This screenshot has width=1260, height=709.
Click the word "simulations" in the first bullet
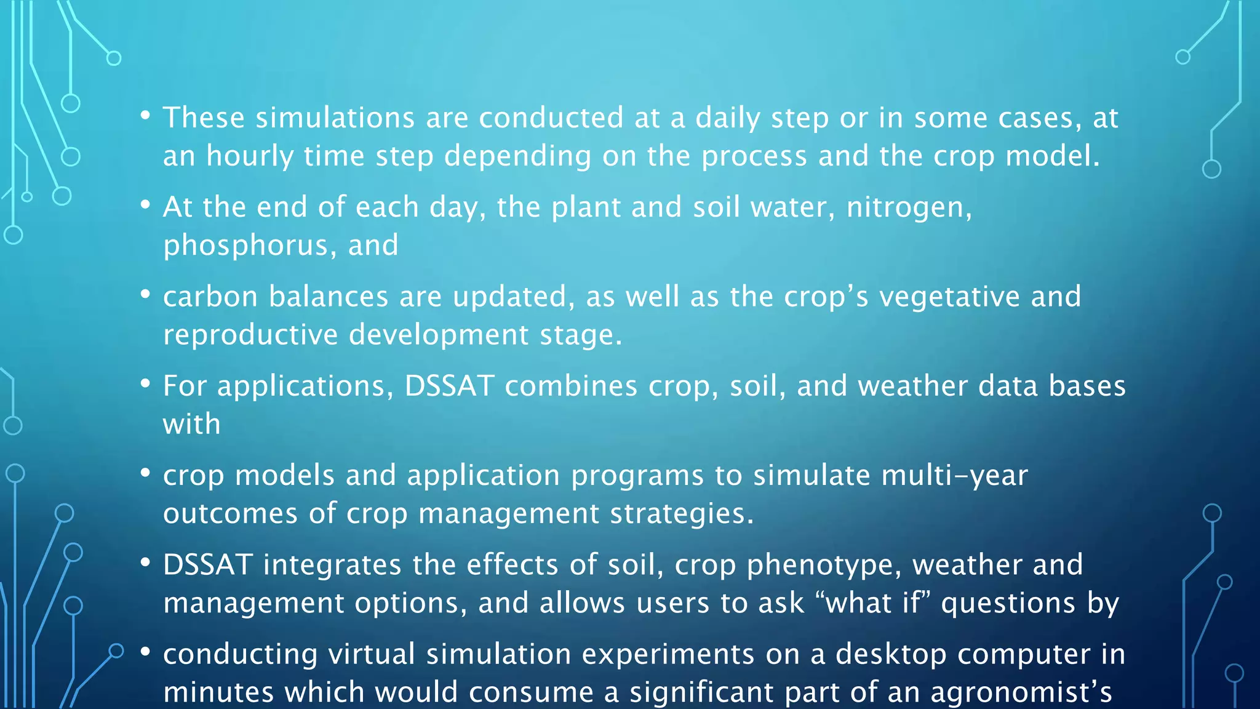335,118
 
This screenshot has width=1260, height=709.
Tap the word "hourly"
250,156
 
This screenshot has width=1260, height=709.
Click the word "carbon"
210,297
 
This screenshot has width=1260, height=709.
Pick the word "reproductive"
250,335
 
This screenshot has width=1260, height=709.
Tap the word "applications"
305,387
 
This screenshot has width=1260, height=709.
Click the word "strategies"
681,513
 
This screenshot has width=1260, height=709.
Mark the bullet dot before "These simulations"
145,115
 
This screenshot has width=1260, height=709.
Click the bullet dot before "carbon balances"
145,294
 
